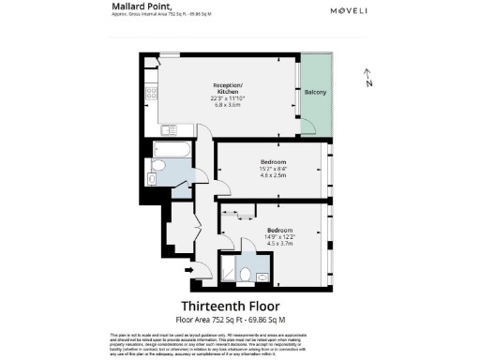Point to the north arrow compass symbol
pyautogui.click(x=368, y=80)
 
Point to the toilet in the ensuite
pyautogui.click(x=246, y=275)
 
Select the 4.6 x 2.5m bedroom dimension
pyautogui.click(x=273, y=176)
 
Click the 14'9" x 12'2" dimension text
pyautogui.click(x=278, y=236)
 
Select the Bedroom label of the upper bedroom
pyautogui.click(x=273, y=161)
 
